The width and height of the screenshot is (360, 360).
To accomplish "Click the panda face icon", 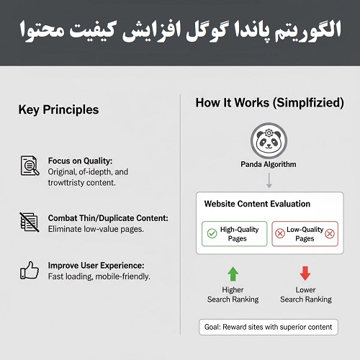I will pyautogui.click(x=268, y=141).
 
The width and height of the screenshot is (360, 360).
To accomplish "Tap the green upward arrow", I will pyautogui.click(x=233, y=274).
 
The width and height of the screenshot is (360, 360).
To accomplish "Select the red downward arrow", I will pyautogui.click(x=305, y=274).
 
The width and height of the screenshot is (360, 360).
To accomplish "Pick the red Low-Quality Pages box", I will pyautogui.click(x=305, y=234).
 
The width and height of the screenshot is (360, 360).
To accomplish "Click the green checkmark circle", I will pyautogui.click(x=212, y=234).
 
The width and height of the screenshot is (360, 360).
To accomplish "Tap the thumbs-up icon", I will pyautogui.click(x=30, y=270).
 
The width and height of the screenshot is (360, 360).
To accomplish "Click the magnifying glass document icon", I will pyautogui.click(x=30, y=166).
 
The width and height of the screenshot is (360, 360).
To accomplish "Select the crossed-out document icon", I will pyautogui.click(x=30, y=221).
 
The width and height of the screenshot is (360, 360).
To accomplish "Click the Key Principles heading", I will pyautogui.click(x=58, y=110).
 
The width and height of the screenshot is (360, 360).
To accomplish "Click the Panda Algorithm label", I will pyautogui.click(x=268, y=165).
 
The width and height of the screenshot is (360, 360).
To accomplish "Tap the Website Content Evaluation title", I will pyautogui.click(x=257, y=204).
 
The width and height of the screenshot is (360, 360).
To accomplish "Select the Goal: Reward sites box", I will pyautogui.click(x=268, y=327).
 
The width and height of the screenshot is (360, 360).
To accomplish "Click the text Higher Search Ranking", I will pyautogui.click(x=233, y=294).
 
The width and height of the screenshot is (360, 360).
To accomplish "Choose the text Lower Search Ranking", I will pyautogui.click(x=305, y=294).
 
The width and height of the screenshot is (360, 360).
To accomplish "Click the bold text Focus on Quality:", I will pyautogui.click(x=80, y=161).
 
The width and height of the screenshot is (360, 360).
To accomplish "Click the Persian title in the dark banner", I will pyautogui.click(x=180, y=32).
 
